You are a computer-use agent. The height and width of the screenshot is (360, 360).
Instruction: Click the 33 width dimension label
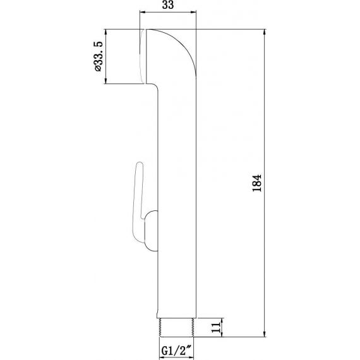168,5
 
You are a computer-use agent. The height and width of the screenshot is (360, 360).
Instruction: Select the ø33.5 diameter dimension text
98,56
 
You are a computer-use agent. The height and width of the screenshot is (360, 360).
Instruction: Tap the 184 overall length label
257,183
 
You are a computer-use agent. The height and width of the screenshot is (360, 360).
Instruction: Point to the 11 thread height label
217,327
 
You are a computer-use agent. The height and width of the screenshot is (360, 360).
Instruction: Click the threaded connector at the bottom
176,327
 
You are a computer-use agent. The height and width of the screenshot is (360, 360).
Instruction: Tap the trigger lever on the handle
138,202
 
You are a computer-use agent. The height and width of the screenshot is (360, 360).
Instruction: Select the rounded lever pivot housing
151,231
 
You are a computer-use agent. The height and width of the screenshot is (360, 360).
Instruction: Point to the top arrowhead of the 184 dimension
265,32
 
